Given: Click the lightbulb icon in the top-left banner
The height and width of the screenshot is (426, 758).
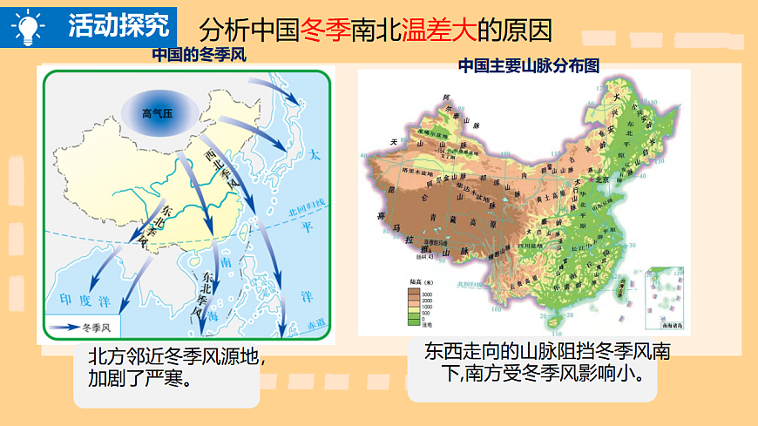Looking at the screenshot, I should pos(28,26).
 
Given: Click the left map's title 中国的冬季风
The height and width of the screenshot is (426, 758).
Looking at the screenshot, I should pos(200,55).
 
